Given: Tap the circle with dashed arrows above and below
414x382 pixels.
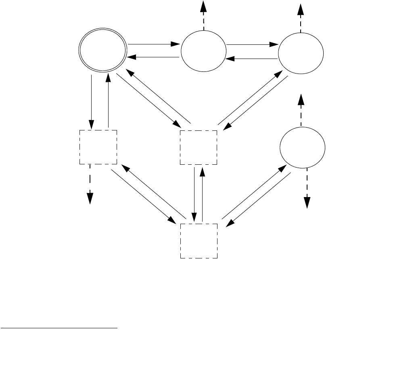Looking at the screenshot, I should tap(302, 148).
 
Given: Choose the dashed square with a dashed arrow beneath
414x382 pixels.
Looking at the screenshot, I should tap(98, 147).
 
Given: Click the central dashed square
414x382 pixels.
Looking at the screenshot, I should tap(198, 147).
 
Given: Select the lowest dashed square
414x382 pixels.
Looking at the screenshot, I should tap(198, 241).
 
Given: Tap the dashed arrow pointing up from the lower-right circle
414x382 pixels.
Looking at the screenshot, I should tap(301, 107).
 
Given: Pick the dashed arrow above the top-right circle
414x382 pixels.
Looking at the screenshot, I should tap(300, 16).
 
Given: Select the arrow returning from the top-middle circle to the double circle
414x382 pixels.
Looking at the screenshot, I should tap(153, 57).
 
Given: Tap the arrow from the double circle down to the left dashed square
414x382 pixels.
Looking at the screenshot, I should tap(92, 101).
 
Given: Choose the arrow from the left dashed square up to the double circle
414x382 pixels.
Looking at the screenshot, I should tap(108, 101).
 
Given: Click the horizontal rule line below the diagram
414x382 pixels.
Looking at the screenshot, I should tap(59, 328).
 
